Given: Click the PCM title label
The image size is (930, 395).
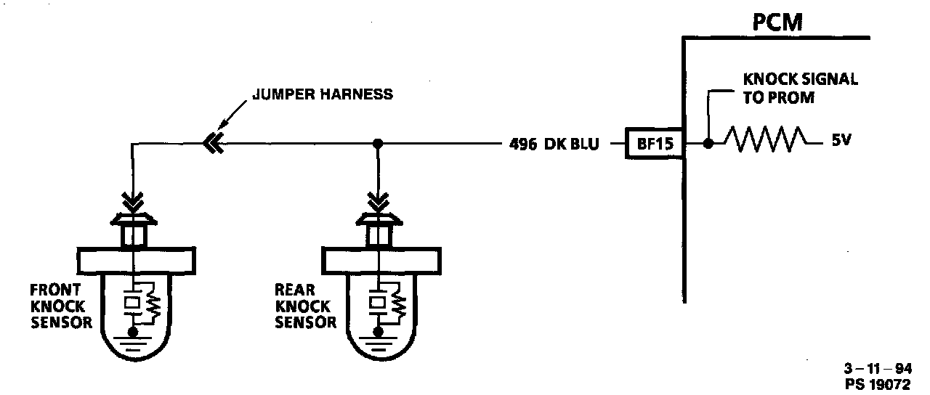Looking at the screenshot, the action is [x=777, y=23].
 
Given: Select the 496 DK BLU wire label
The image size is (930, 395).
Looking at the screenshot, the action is [x=555, y=144].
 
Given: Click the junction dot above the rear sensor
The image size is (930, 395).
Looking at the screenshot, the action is [x=377, y=144].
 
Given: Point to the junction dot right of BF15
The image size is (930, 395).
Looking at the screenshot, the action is [x=708, y=144].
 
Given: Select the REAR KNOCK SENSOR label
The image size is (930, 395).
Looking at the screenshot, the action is [x=305, y=306].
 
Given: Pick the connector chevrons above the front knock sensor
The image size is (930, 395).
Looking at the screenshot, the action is [x=133, y=198].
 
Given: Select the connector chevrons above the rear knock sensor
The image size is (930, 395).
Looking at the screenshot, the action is [x=377, y=198].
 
